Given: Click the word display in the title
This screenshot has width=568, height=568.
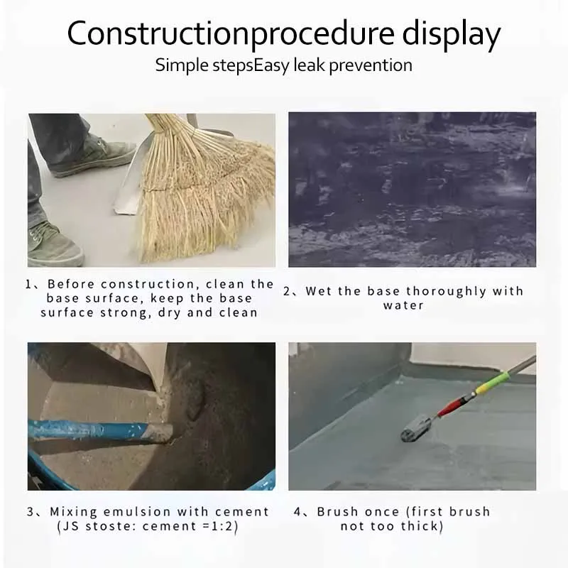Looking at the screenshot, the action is pyautogui.click(x=452, y=34).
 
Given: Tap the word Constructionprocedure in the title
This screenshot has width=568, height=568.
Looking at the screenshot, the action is pyautogui.click(x=230, y=33).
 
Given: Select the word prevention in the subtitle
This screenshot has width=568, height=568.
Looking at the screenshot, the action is pyautogui.click(x=371, y=66).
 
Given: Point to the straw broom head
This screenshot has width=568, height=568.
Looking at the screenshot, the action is pyautogui.click(x=203, y=188).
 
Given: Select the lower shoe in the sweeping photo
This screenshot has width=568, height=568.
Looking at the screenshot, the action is pyautogui.click(x=54, y=244).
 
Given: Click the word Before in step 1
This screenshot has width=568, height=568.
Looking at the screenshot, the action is pyautogui.click(x=71, y=284).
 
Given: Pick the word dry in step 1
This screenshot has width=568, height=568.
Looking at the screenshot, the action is pyautogui.click(x=169, y=313).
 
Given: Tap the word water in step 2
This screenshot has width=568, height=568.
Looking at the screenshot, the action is pyautogui.click(x=403, y=306).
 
